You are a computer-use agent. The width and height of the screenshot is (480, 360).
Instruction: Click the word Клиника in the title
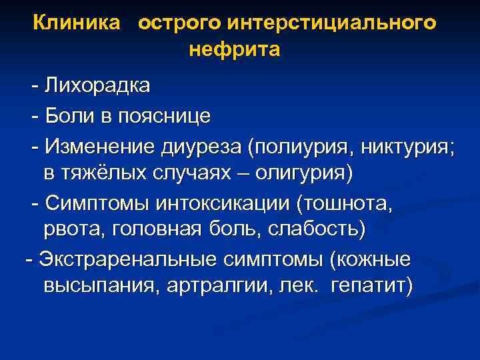pyautogui.click(x=77, y=23)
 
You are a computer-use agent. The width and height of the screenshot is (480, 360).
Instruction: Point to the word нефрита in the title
pyautogui.click(x=235, y=50)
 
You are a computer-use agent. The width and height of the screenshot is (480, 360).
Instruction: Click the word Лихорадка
pyautogui.click(x=97, y=86)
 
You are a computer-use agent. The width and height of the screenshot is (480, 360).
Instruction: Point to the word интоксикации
pyautogui.click(x=213, y=202)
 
